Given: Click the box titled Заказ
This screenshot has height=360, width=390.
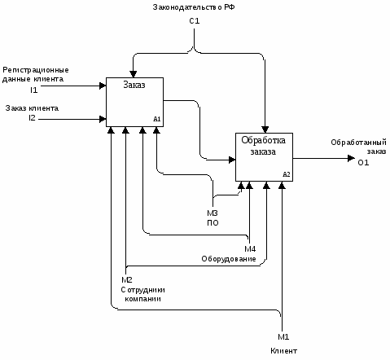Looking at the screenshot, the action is click(x=134, y=102).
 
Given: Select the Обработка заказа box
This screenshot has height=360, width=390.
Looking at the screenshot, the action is click(x=264, y=157).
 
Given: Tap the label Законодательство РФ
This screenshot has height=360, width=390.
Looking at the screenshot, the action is click(x=194, y=7).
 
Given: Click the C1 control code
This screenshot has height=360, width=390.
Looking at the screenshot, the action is click(x=195, y=21).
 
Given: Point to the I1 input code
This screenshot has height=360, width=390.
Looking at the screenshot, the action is click(x=33, y=90).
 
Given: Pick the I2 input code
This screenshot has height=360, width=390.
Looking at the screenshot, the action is click(x=32, y=118).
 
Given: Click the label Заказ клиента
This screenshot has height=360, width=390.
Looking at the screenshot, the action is click(x=32, y=108).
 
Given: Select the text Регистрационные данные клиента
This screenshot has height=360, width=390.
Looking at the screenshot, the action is click(x=36, y=75).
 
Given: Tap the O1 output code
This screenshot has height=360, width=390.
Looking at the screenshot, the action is click(x=363, y=163).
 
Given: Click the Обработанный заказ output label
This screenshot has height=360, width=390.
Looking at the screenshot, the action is click(x=358, y=147).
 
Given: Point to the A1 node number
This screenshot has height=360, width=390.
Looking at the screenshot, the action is click(x=157, y=119).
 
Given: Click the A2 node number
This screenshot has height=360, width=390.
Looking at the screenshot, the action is click(x=287, y=174).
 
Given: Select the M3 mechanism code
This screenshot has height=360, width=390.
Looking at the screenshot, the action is click(x=213, y=213).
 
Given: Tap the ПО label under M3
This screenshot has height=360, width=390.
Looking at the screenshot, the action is click(x=213, y=223).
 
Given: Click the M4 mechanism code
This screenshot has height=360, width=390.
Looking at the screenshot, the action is click(x=250, y=248).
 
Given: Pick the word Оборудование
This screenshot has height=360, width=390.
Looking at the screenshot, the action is click(x=229, y=259).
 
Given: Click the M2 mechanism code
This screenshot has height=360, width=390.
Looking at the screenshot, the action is click(x=127, y=279).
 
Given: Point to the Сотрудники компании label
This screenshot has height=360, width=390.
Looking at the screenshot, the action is click(x=143, y=294).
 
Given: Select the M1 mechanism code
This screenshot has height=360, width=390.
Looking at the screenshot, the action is click(x=283, y=337).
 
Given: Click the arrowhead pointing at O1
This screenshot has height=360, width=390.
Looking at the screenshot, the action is click(x=351, y=158).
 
